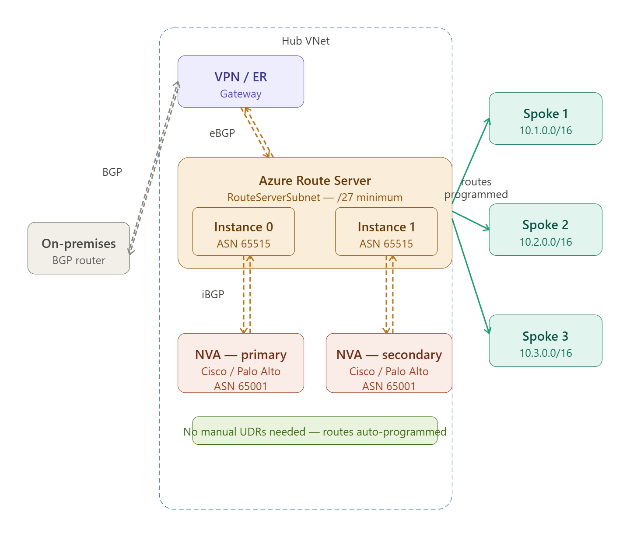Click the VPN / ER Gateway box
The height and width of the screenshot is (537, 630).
(x=241, y=81)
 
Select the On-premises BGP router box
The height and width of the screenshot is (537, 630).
(x=79, y=248)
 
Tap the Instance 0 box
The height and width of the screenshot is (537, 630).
(x=244, y=231)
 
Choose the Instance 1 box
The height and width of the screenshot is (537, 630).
(x=386, y=231)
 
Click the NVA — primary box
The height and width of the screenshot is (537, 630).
(x=241, y=363)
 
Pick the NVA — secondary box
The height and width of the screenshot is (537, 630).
(x=389, y=363)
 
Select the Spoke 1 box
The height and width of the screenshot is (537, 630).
(x=545, y=119)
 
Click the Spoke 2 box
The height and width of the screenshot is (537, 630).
(x=545, y=230)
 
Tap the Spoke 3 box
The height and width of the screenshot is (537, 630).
(x=545, y=341)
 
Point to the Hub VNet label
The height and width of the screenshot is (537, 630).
(x=305, y=41)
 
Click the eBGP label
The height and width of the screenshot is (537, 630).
(x=222, y=133)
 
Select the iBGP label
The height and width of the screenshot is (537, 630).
(x=213, y=295)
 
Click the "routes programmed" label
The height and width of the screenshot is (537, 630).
(x=476, y=188)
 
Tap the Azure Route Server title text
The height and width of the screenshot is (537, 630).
(x=315, y=181)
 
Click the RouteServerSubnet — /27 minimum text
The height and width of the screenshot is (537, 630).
(x=315, y=197)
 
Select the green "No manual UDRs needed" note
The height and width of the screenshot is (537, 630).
(x=315, y=431)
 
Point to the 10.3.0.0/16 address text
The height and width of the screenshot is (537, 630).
(x=546, y=353)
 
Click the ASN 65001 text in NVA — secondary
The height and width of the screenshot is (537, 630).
(x=389, y=386)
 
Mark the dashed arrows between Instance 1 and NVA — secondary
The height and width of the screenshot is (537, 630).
(x=389, y=295)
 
